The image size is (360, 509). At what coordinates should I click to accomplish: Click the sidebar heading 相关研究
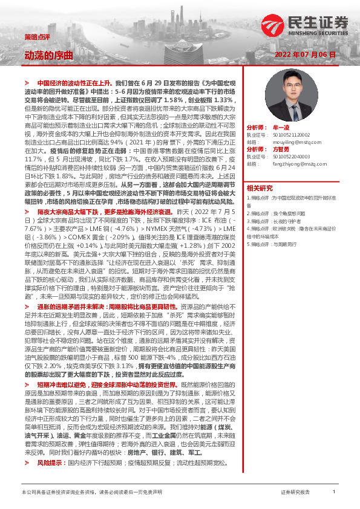260,187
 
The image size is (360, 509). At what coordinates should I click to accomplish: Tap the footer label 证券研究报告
295,493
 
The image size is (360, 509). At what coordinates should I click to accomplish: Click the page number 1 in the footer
333,493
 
